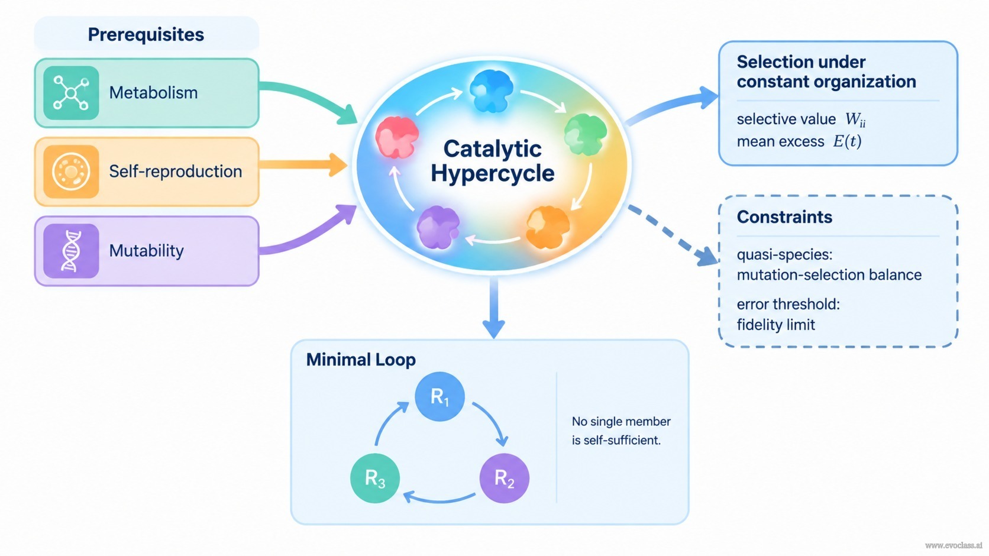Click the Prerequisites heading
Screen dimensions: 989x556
[146, 34]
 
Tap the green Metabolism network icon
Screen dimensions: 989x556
[71, 93]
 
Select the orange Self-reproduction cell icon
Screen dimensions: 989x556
[71, 172]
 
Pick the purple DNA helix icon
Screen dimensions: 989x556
[71, 251]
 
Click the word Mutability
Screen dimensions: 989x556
[146, 251]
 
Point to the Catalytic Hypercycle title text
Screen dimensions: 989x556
[492, 161]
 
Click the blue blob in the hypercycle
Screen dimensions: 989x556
[492, 90]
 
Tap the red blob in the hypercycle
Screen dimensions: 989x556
[397, 137]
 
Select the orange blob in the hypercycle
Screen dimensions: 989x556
[548, 227]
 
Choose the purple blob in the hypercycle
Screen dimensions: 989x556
[438, 227]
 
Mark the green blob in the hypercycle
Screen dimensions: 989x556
[586, 134]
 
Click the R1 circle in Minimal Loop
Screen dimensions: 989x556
[439, 396]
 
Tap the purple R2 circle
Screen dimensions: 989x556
[504, 479]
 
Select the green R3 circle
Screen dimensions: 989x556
[375, 479]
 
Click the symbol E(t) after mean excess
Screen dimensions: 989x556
[847, 141]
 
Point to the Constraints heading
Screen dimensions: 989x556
[784, 217]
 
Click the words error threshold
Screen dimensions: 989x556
[788, 304]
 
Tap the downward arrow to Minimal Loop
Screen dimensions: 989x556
[494, 308]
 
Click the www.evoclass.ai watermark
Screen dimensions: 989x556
[954, 545]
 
